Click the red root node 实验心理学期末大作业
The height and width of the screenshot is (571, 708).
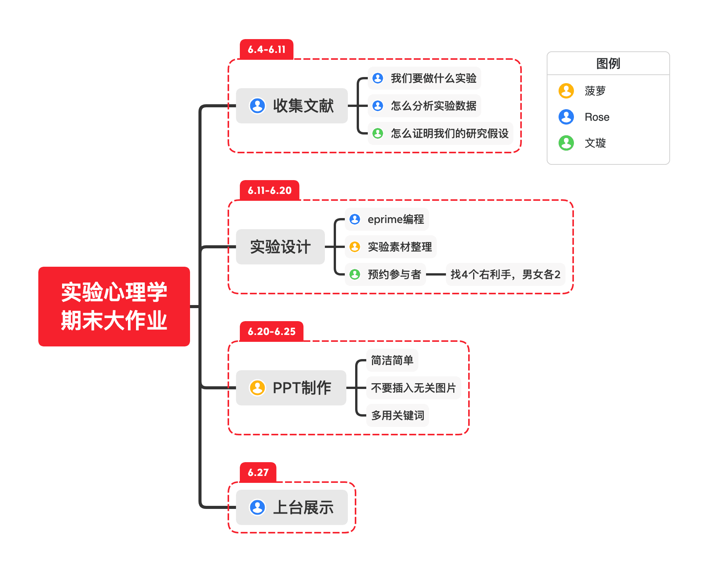click(114, 306)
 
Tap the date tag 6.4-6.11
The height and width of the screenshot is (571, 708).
click(266, 49)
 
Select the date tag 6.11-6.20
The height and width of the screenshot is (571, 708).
click(269, 190)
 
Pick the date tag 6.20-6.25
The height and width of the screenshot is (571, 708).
click(271, 331)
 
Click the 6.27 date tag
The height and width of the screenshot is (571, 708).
click(258, 473)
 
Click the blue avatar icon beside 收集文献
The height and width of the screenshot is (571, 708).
click(257, 106)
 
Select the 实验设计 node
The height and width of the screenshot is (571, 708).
click(280, 247)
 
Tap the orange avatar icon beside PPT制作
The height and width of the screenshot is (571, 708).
click(257, 388)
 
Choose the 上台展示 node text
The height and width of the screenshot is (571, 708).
click(303, 507)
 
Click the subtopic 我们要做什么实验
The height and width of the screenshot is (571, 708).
click(433, 78)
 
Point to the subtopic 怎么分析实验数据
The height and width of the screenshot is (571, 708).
click(433, 106)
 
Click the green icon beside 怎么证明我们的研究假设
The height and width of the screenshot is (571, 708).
click(378, 133)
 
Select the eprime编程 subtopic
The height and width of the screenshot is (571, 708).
click(395, 219)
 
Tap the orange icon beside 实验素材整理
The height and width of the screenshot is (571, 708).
click(355, 247)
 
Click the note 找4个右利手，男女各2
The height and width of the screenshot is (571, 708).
click(505, 274)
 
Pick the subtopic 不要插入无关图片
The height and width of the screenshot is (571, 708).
click(413, 388)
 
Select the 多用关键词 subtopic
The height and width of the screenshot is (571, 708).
click(397, 415)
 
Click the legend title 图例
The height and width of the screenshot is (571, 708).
click(608, 64)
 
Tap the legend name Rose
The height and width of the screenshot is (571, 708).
click(597, 117)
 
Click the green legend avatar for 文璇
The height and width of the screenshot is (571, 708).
click(566, 143)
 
